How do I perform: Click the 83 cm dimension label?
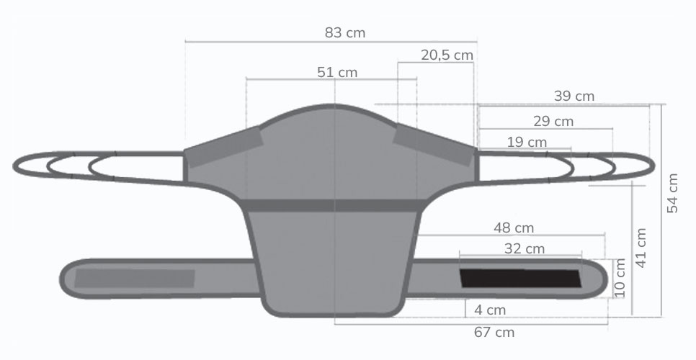pos(345,33)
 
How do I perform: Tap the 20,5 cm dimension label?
pos(447,55)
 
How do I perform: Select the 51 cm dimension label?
pos(337,72)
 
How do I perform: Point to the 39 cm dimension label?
pos(574,96)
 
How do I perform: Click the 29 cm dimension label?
pos(553,121)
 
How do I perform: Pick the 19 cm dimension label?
pos(527,143)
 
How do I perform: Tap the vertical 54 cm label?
pos(672,193)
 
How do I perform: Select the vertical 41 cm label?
pos(641,248)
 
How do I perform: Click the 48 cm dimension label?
pos(514,228)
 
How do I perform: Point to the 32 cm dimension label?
pos(525,248)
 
